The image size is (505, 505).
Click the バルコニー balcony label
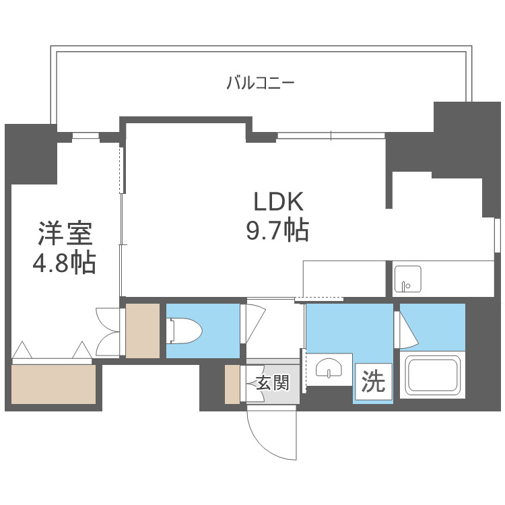point(261,83)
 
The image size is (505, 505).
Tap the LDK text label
point(279,201)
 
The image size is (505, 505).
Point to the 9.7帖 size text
point(277,230)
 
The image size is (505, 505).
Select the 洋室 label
point(65,234)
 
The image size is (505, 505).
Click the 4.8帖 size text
point(64,262)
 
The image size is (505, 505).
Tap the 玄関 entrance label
point(273,383)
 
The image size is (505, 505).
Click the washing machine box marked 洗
point(374,382)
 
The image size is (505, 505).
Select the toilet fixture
point(184,331)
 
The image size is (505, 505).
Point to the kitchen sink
point(408,279)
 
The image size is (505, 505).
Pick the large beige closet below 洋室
point(54,384)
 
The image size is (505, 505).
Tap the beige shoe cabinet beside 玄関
point(232,384)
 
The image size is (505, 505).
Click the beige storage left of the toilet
point(143,331)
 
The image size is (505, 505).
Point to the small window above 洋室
point(86,135)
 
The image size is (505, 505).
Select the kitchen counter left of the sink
point(345,279)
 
